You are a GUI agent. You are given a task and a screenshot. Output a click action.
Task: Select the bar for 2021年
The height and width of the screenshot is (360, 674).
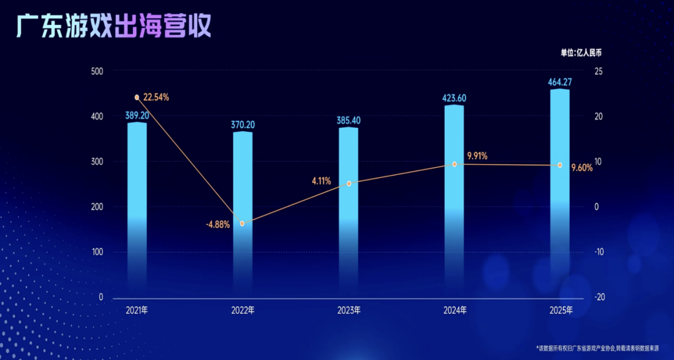(x=137, y=206)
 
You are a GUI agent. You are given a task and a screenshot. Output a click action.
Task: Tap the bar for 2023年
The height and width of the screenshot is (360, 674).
(x=348, y=209)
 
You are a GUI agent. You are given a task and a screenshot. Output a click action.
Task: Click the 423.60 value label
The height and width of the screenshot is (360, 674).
(x=454, y=98)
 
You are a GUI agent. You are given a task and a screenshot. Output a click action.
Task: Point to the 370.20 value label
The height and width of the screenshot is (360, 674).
(x=242, y=125)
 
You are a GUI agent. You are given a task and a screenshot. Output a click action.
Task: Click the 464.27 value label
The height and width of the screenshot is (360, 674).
(x=560, y=82)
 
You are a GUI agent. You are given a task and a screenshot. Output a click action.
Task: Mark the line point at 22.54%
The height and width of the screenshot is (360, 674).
(x=137, y=97)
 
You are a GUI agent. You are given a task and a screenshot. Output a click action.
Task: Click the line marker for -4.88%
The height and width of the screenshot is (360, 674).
(x=242, y=223)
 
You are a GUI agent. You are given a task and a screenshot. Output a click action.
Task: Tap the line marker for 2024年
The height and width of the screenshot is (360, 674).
(x=454, y=164)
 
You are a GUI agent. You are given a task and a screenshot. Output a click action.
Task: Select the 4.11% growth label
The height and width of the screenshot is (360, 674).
(x=322, y=181)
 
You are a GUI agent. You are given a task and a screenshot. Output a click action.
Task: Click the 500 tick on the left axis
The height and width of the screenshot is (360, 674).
(x=96, y=71)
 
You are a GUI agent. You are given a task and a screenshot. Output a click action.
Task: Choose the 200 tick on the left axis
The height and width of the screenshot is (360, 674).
(x=96, y=207)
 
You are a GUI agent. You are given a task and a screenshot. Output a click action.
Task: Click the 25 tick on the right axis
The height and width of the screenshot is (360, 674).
(x=598, y=71)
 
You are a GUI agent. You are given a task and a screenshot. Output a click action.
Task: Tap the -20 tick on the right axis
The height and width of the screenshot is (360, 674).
(x=598, y=298)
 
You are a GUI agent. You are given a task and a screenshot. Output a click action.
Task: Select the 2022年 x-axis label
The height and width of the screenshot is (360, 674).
(x=242, y=310)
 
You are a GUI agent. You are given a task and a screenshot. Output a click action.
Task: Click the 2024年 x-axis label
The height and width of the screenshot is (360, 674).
(x=454, y=310)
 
